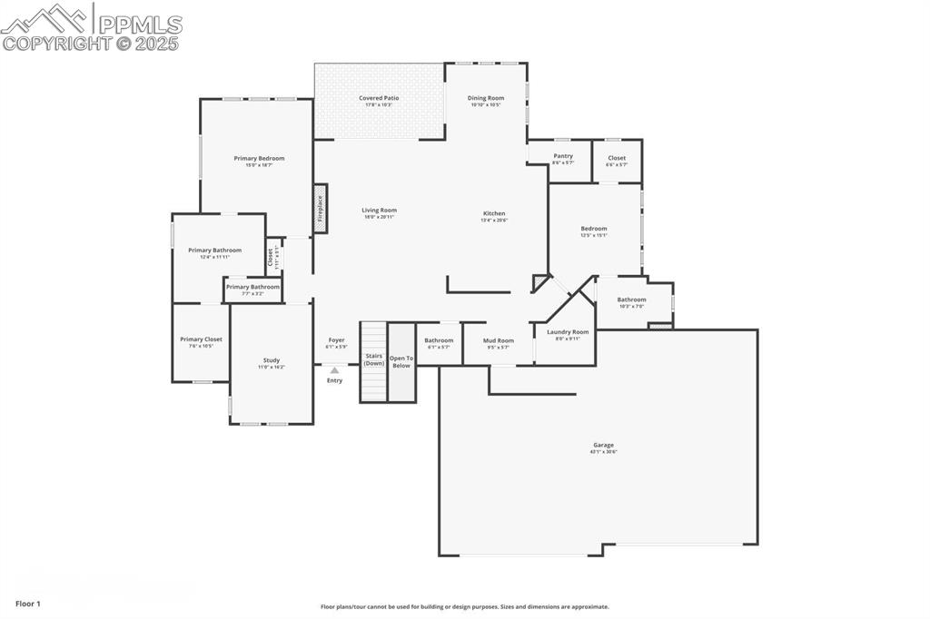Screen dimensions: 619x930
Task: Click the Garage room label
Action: pos(604,445)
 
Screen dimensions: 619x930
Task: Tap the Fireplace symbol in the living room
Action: pos(320,209)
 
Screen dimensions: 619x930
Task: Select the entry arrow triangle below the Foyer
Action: pos(334,370)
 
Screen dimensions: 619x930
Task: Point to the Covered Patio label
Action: pos(379,98)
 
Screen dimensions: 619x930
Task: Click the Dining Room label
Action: pos(486,98)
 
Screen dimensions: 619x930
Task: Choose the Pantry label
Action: pos(563,156)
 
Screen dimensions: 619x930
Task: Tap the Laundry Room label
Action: pos(568,332)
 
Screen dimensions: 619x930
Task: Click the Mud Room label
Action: pos(499,340)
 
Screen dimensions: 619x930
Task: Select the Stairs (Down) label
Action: pos(374,359)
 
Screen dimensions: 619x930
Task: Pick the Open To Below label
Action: pos(401,361)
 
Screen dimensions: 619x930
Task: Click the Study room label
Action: pos(272,360)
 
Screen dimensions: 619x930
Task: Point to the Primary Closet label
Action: pos(201,339)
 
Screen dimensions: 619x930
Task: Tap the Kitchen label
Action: pos(494,213)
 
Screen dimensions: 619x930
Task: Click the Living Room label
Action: pos(380,211)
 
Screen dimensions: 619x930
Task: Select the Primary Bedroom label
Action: pos(259,158)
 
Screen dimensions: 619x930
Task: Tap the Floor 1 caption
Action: pos(27,604)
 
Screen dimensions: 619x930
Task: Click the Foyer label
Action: pos(336,340)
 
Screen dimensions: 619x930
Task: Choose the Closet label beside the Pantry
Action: pos(617,158)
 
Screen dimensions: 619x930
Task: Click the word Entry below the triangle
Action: pos(335,380)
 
